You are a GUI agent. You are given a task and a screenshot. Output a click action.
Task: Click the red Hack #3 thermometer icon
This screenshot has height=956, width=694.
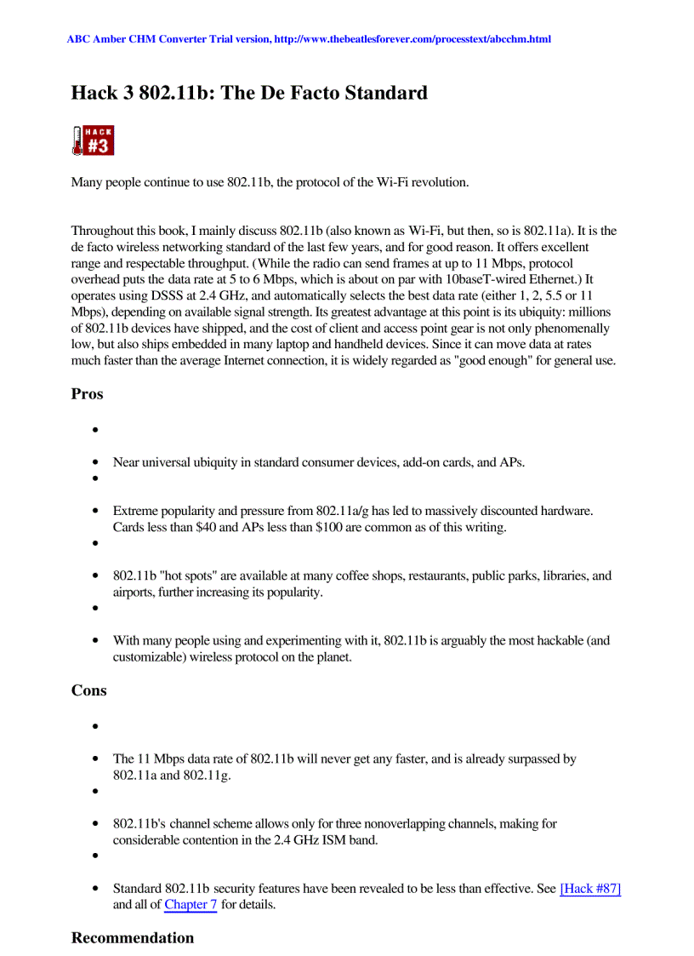click(x=92, y=140)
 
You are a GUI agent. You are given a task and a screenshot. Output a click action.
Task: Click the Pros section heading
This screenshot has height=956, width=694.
click(x=88, y=394)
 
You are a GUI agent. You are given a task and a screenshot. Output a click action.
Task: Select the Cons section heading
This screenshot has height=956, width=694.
click(x=89, y=690)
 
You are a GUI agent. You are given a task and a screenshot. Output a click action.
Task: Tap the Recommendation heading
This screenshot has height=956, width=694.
click(x=133, y=937)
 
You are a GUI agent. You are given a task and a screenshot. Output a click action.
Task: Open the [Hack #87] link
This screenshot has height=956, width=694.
click(x=590, y=889)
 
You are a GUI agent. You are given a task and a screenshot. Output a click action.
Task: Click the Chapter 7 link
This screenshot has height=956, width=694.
click(x=191, y=904)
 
